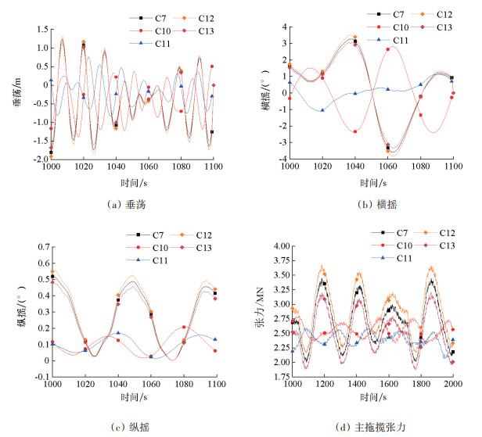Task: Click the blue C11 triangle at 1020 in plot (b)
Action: tap(322, 110)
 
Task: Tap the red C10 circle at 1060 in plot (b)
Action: tap(388, 50)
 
